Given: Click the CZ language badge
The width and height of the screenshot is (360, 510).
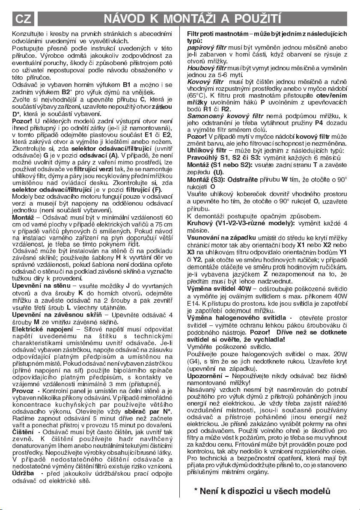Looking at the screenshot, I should (22, 18).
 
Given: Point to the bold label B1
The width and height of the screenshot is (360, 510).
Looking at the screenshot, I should (127, 85).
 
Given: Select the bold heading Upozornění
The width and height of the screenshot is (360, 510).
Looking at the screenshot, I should (205, 376).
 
